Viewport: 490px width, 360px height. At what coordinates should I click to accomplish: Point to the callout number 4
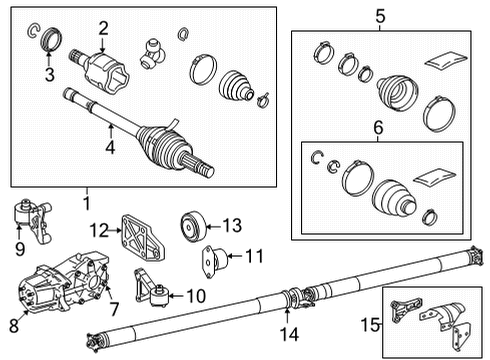pyautogui.click(x=110, y=147)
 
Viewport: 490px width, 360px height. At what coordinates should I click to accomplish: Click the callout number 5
pyautogui.click(x=380, y=15)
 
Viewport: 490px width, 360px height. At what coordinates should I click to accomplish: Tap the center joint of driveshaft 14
pyautogui.click(x=297, y=296)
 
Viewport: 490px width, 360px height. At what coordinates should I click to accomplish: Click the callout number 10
pyautogui.click(x=196, y=296)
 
